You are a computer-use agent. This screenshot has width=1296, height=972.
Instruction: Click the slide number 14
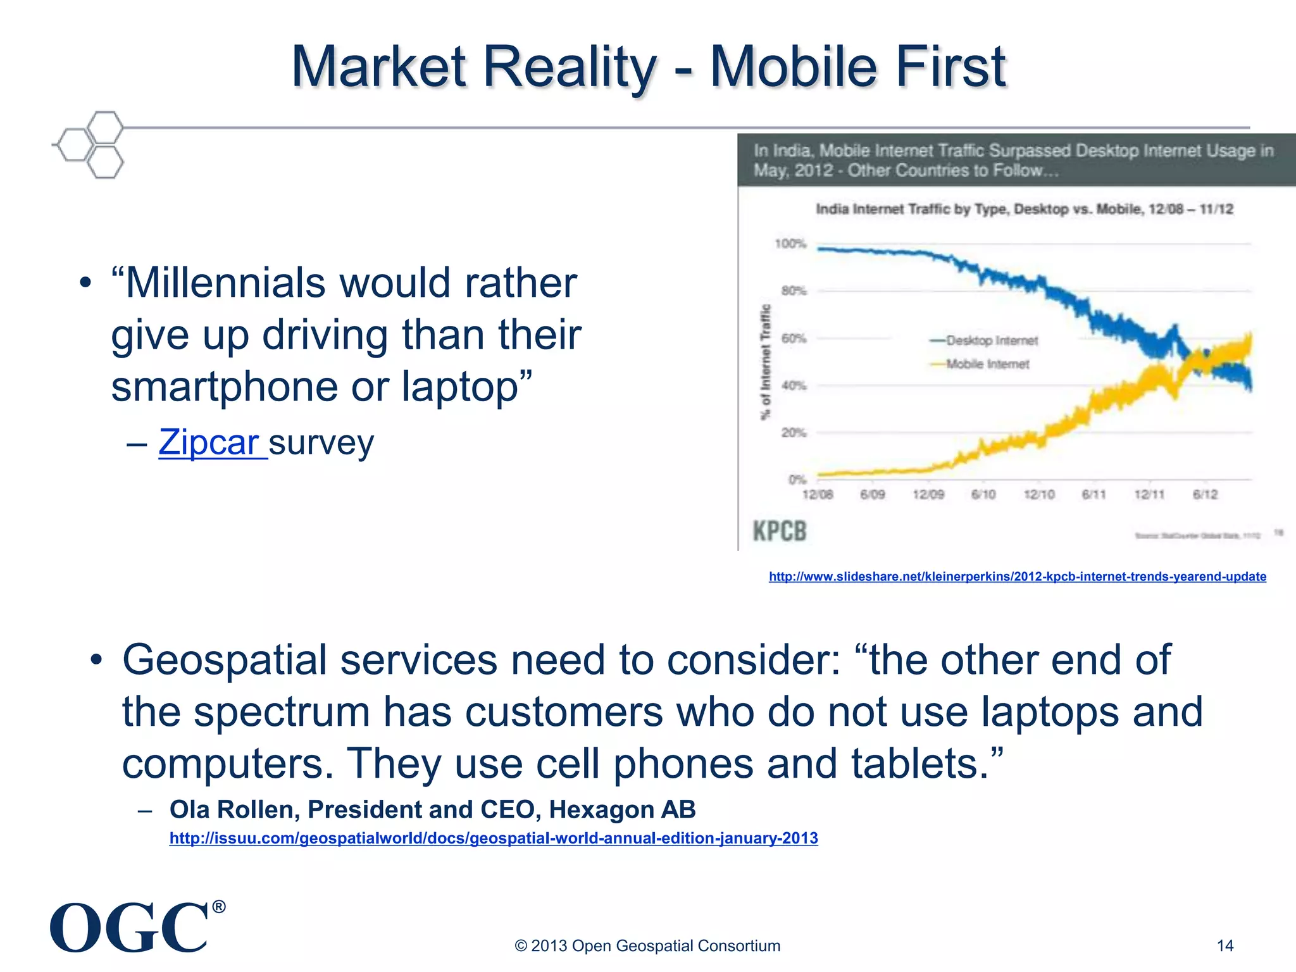1225,945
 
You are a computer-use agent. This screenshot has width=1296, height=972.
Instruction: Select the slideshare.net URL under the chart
1017,576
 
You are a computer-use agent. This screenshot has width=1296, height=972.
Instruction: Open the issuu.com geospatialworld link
494,838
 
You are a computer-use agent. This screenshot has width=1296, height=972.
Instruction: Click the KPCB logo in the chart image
780,531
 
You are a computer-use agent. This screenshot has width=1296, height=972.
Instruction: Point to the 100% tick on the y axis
790,244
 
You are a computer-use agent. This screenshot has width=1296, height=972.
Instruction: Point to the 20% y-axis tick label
794,433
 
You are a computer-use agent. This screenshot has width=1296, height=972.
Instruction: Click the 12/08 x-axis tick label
817,494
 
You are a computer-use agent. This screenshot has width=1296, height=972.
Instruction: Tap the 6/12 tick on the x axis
1205,494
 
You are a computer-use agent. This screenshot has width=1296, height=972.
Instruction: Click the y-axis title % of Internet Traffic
766,362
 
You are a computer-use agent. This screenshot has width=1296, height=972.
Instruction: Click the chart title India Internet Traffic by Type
1024,209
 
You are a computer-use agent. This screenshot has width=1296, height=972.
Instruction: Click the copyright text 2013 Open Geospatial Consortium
647,945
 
